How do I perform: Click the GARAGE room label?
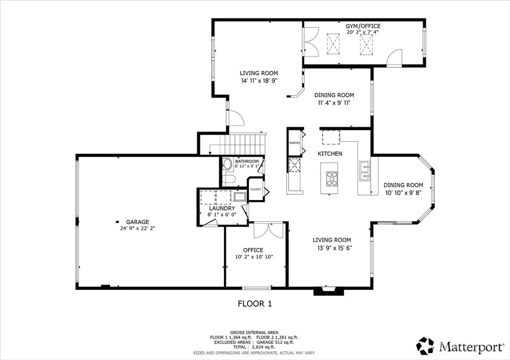137,222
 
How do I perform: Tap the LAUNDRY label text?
222,208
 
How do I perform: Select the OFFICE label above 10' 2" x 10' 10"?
254,250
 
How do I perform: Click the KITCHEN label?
330,153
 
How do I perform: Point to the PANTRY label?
295,143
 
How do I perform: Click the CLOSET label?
255,189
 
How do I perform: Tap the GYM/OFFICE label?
363,26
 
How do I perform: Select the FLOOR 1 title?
255,304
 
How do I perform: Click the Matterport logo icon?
425,346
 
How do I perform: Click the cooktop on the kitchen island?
332,179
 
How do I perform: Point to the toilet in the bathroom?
229,179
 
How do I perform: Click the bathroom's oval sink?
227,164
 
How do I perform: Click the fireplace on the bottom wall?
329,291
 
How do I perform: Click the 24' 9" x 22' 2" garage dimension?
137,228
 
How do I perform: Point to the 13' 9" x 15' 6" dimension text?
335,248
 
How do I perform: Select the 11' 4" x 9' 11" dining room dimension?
334,103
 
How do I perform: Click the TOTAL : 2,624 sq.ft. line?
254,348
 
